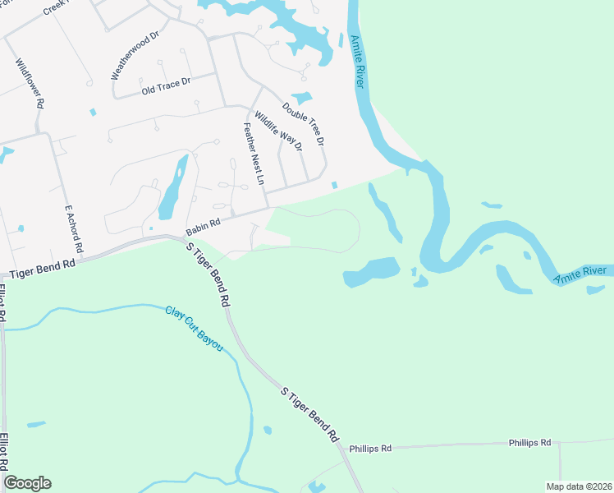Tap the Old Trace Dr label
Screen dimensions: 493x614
pos(166,84)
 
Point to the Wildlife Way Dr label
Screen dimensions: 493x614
pos(278,131)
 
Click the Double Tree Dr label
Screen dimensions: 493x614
pos(304,123)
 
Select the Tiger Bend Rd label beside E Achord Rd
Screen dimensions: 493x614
pos(39,265)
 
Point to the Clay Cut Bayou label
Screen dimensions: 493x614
pos(194,329)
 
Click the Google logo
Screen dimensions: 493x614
pos(27,483)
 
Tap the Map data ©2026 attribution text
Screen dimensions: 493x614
pos(578,486)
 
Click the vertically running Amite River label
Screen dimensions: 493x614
pos(357,62)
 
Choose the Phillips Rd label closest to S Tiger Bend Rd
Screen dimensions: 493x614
pos(370,449)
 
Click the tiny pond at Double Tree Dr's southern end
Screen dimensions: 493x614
pos(334,185)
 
